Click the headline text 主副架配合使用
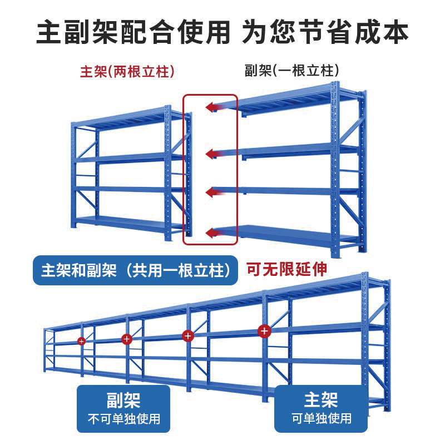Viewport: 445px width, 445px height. click(x=133, y=32)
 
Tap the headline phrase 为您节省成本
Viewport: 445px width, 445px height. click(x=325, y=32)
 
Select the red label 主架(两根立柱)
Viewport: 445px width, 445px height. click(x=127, y=72)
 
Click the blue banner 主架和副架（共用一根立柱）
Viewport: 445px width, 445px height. click(x=136, y=271)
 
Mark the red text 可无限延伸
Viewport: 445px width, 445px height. click(x=286, y=270)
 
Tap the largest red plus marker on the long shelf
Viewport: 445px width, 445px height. click(x=264, y=331)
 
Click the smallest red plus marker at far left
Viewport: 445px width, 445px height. click(x=81, y=340)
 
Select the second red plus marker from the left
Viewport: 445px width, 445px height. click(x=126, y=338)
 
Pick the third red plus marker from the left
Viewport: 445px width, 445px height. click(x=187, y=335)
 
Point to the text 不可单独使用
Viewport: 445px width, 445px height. click(x=123, y=418)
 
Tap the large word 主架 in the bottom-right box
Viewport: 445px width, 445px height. click(x=321, y=399)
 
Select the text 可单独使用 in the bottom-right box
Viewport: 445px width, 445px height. click(x=322, y=418)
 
